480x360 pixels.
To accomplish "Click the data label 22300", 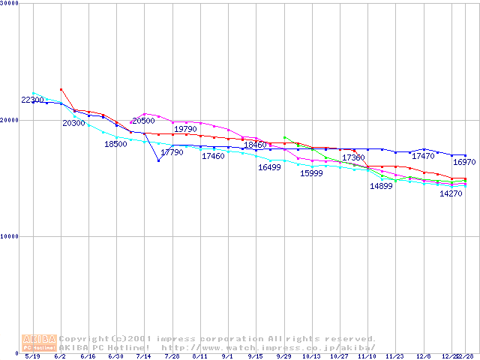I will pyautogui.click(x=32, y=100).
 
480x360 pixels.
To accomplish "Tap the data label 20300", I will pyautogui.click(x=73, y=122).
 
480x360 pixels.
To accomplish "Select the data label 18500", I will pyautogui.click(x=115, y=143).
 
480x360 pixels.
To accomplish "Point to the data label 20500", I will pyautogui.click(x=143, y=121).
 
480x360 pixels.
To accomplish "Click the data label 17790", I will pyautogui.click(x=172, y=152).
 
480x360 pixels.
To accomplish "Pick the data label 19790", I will pyautogui.click(x=185, y=129).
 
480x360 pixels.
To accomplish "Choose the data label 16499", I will pyautogui.click(x=269, y=167).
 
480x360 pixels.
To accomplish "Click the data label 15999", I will pyautogui.click(x=311, y=173).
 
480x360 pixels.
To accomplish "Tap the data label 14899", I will pyautogui.click(x=381, y=186).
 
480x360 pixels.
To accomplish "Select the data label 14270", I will pyautogui.click(x=451, y=193).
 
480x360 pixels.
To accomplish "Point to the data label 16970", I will pyautogui.click(x=463, y=162).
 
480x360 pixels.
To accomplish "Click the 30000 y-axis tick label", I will pyautogui.click(x=10, y=4).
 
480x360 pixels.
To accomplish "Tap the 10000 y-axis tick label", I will pyautogui.click(x=10, y=236).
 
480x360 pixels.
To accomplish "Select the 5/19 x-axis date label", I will pyautogui.click(x=32, y=357).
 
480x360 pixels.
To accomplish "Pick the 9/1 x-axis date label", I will pyautogui.click(x=228, y=357).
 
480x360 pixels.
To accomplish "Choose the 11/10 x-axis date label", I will pyautogui.click(x=367, y=357).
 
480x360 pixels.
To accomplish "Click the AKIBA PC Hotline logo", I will pyautogui.click(x=39, y=343).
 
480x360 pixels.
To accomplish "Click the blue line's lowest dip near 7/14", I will pyautogui.click(x=158, y=160).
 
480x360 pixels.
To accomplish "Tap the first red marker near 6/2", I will pyautogui.click(x=61, y=89).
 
